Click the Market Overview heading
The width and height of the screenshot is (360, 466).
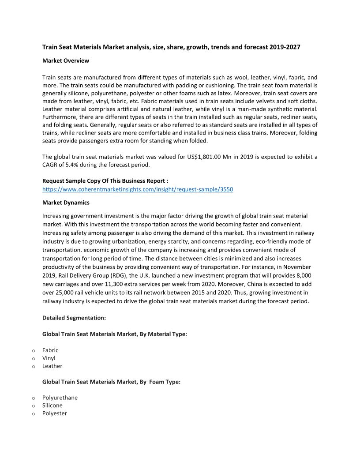click(x=66, y=60)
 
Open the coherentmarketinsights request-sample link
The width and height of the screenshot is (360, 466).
click(x=138, y=189)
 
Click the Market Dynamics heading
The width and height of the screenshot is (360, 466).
click(x=66, y=203)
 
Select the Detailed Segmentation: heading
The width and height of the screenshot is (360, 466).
click(x=74, y=318)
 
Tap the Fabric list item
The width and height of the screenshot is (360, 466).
click(x=50, y=350)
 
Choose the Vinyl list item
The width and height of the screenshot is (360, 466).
click(x=49, y=358)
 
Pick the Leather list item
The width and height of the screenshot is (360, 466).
click(x=52, y=366)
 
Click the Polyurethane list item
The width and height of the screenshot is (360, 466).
click(x=60, y=398)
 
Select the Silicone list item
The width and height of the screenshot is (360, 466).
click(x=52, y=406)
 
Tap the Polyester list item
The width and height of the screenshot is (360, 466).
click(x=55, y=413)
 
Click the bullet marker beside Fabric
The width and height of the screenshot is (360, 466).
click(x=33, y=350)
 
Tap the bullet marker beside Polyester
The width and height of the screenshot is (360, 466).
click(x=33, y=414)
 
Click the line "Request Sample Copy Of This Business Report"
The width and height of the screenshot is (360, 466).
click(x=105, y=181)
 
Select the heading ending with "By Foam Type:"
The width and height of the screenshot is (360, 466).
click(x=111, y=382)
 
